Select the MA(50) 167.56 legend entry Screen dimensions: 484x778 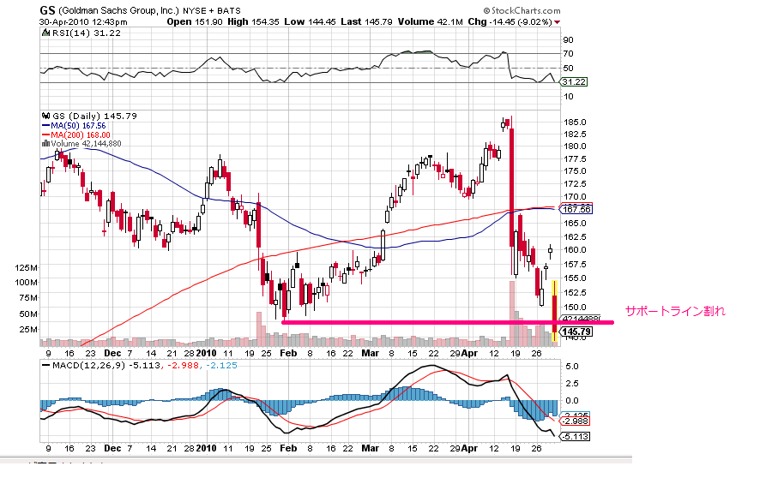(79, 125)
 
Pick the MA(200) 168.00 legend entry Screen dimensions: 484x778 (81, 134)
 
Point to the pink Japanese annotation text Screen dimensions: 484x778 (675, 312)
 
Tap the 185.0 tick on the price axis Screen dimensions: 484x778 (574, 122)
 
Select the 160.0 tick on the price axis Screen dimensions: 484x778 (574, 250)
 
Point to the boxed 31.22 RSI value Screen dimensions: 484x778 (572, 81)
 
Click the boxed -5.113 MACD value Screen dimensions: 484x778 (574, 436)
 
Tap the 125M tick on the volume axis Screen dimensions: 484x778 (27, 268)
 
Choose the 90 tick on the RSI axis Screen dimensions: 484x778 (568, 39)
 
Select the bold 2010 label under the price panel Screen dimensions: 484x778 (205, 352)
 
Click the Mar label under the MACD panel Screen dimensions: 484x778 (371, 448)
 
